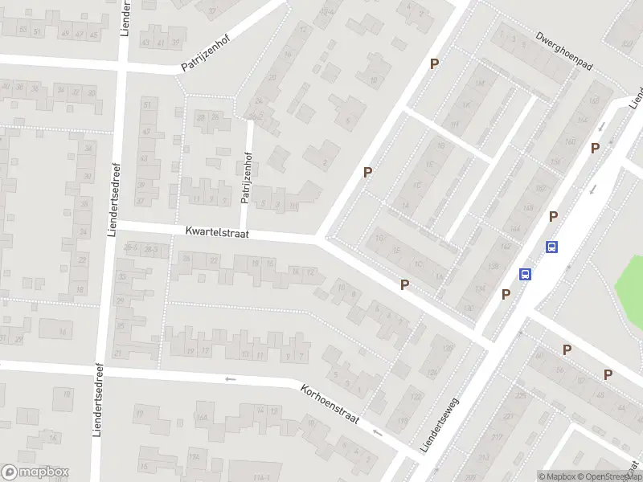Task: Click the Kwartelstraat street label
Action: (217, 232)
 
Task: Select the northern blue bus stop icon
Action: (552, 247)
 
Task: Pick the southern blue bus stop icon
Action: (525, 274)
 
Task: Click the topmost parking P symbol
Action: (435, 63)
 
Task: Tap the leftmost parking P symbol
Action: (368, 172)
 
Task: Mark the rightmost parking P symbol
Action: (608, 374)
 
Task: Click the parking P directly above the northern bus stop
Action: (554, 217)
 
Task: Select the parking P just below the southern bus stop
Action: (506, 294)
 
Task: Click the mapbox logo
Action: (35, 472)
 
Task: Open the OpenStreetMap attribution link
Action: (608, 476)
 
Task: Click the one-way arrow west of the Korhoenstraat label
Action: (231, 379)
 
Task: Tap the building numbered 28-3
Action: (150, 251)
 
